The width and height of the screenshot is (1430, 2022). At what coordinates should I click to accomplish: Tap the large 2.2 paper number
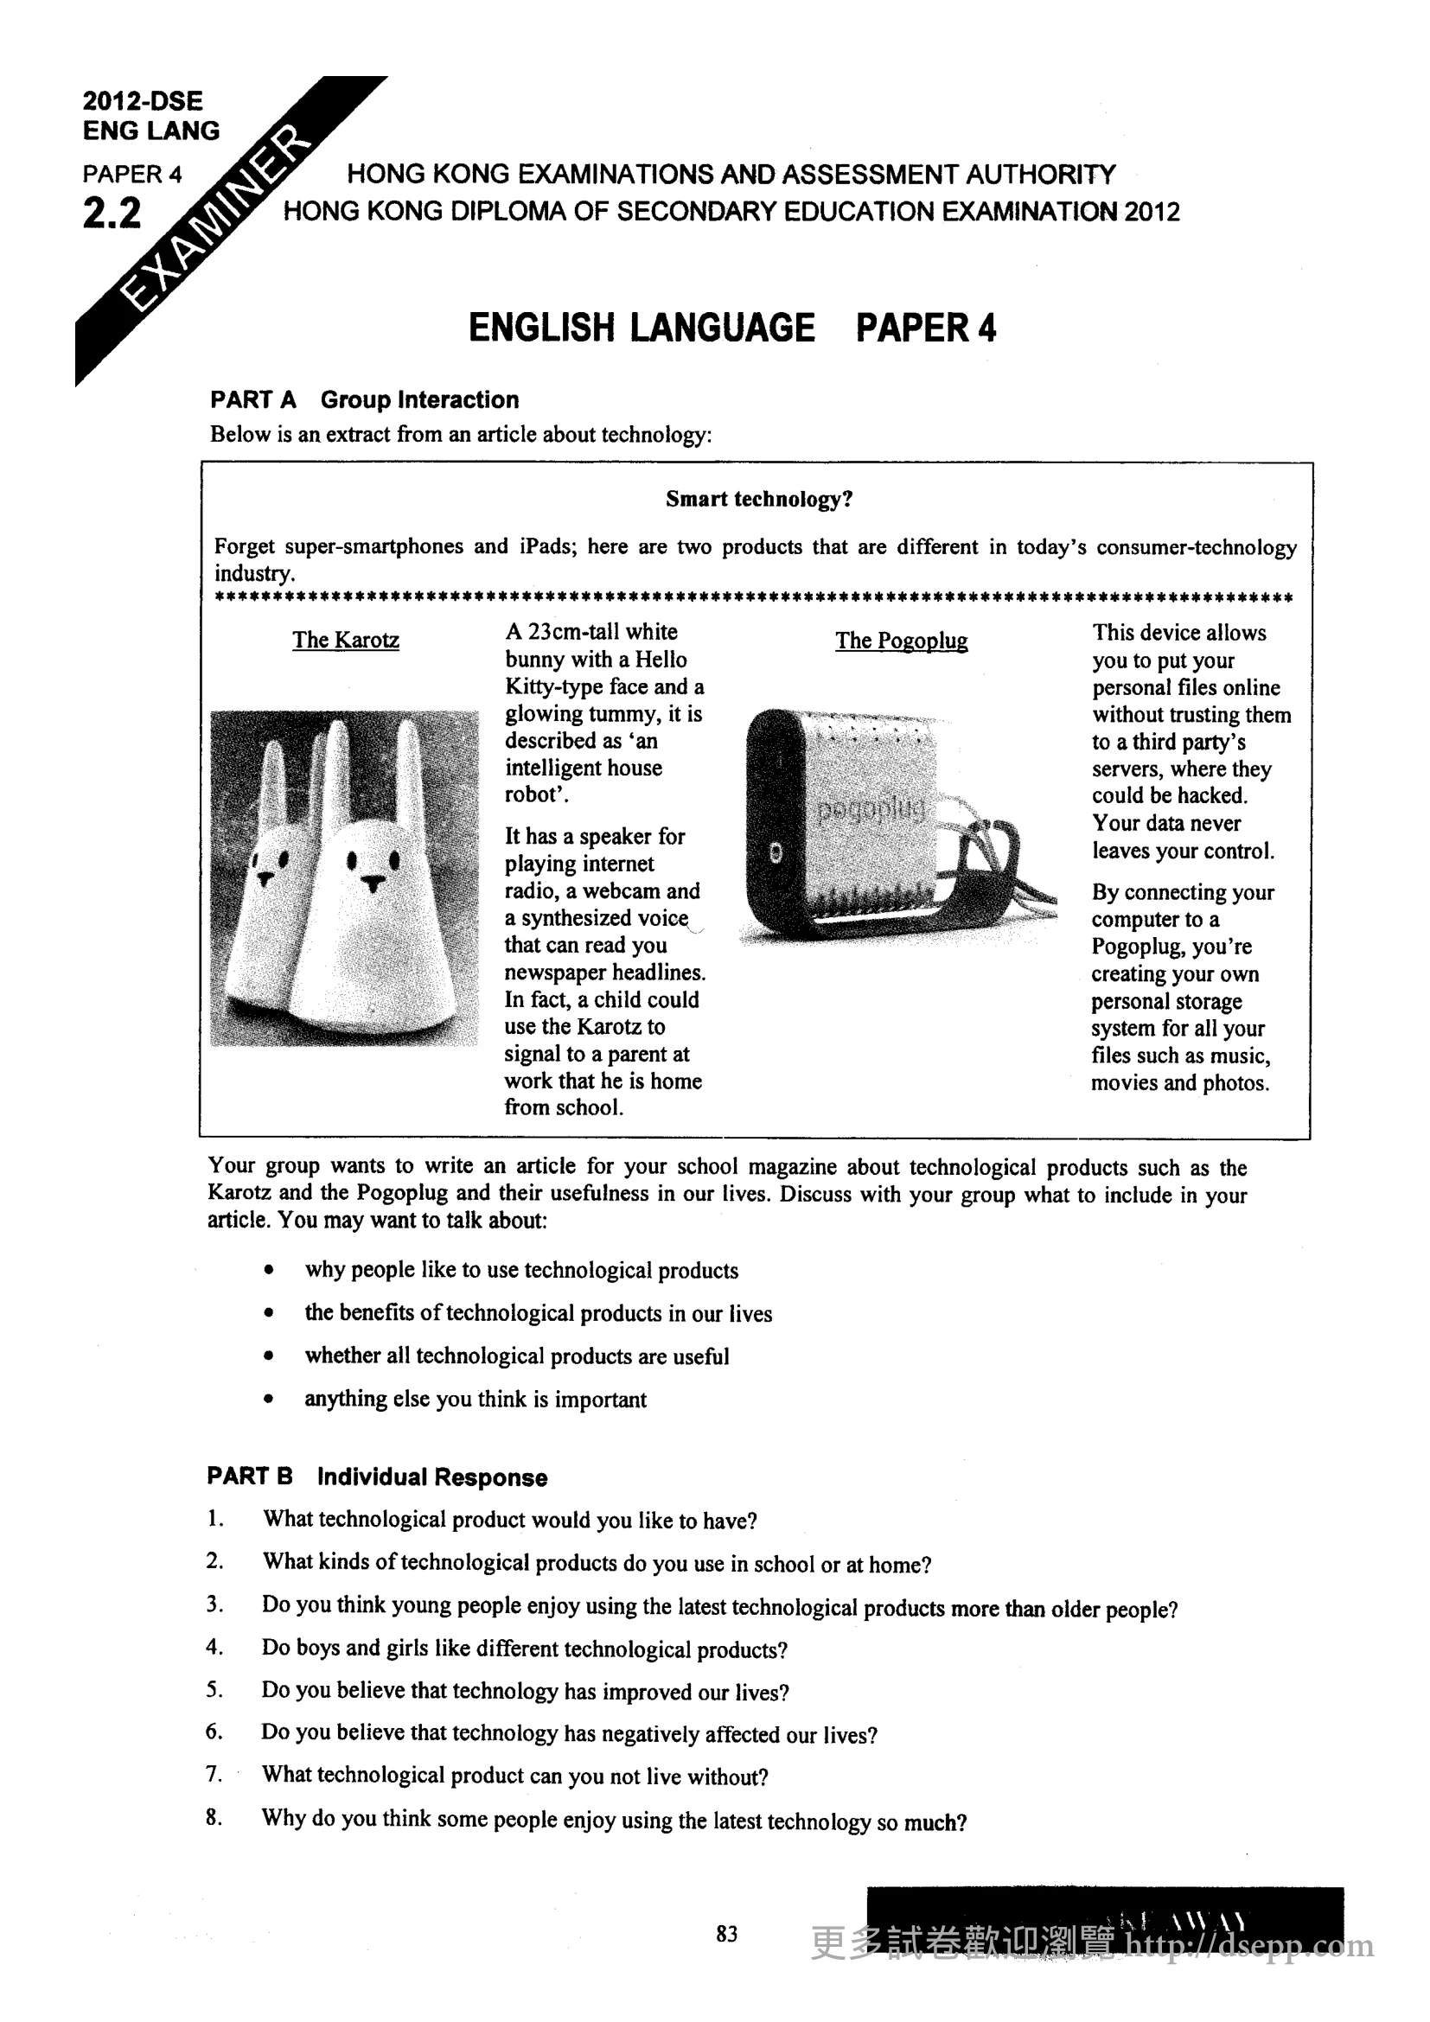[x=112, y=214]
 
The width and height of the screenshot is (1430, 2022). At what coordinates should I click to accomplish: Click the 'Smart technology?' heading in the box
[x=759, y=500]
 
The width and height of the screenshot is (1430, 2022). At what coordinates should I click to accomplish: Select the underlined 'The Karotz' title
[x=345, y=641]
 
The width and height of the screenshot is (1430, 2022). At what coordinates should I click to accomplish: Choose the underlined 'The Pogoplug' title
[x=901, y=641]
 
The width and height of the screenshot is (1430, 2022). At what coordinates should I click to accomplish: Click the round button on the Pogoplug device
[x=775, y=852]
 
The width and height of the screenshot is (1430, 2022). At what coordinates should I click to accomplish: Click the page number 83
[x=726, y=1934]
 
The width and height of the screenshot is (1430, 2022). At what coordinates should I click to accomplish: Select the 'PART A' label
[x=252, y=400]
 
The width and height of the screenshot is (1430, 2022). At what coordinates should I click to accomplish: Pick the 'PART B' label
[x=249, y=1477]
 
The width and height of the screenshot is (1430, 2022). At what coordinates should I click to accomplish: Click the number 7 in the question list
[x=214, y=1774]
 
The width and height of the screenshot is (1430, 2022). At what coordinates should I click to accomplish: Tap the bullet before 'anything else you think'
[x=269, y=1400]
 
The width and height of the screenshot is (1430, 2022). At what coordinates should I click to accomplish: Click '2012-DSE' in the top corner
[x=143, y=100]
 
